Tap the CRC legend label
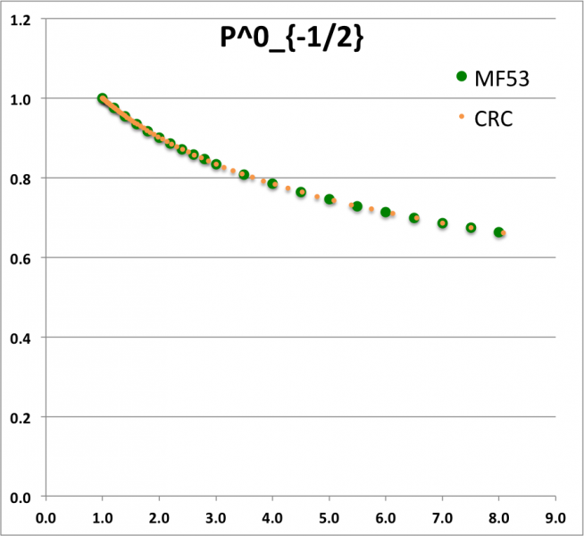point(493,119)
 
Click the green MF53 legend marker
point(461,77)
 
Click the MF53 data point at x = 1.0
point(103,99)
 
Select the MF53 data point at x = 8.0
point(498,232)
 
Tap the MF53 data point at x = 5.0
point(329,199)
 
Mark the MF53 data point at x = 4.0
point(272,184)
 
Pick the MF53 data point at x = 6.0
point(386,213)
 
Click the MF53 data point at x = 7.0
point(442,223)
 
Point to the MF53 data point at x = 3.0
point(216,164)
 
